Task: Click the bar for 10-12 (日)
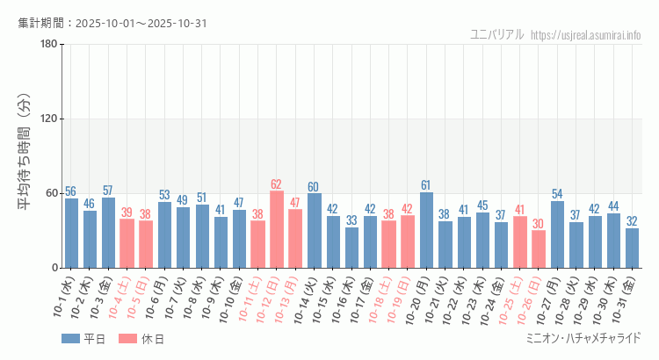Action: pyautogui.click(x=276, y=229)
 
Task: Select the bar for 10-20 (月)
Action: pyautogui.click(x=426, y=230)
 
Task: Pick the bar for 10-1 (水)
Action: pyautogui.click(x=71, y=233)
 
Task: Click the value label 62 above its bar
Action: pyautogui.click(x=276, y=184)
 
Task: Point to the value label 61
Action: pyautogui.click(x=426, y=185)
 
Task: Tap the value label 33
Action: pyautogui.click(x=351, y=220)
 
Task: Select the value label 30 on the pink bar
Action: pyautogui.click(x=539, y=224)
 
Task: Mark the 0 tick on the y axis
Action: pyautogui.click(x=54, y=268)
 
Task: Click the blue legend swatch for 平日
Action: pyautogui.click(x=72, y=338)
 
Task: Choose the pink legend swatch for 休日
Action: pyautogui.click(x=128, y=338)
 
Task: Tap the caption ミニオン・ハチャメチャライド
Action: pyautogui.click(x=583, y=338)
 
